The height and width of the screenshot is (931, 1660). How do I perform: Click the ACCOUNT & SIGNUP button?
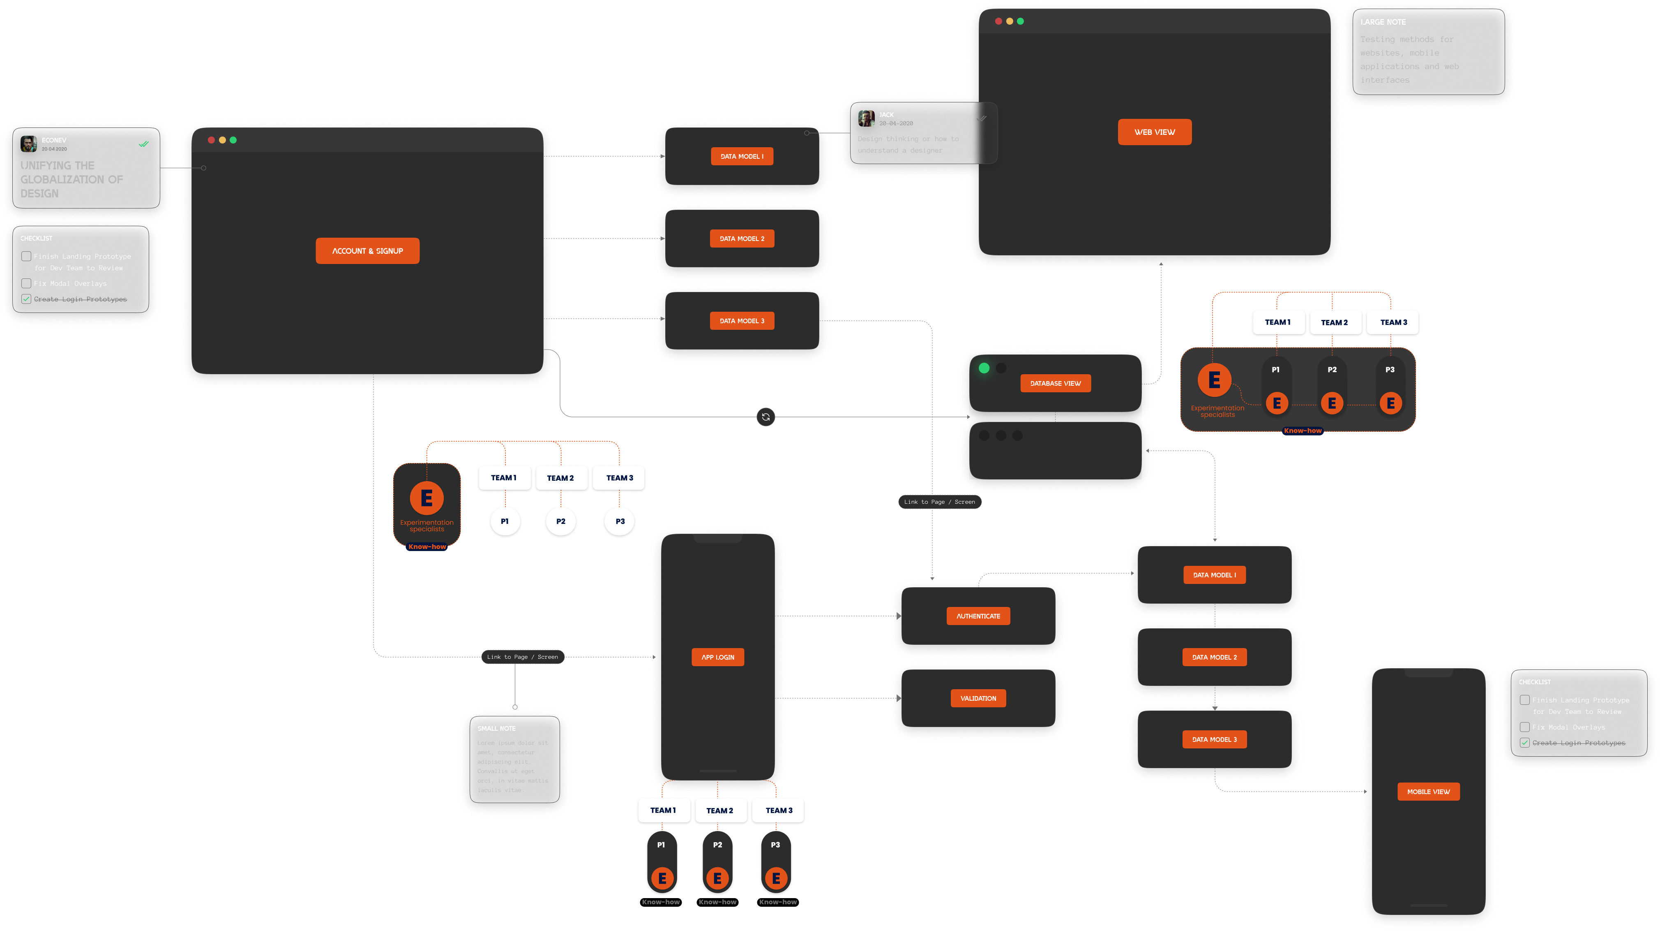(367, 251)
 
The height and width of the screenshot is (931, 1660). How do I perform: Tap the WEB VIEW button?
(1154, 132)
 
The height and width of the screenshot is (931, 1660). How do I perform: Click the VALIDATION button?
(978, 698)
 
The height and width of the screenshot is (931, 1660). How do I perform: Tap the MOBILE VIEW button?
(1428, 792)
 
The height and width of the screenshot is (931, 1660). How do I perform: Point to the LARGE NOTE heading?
(1383, 22)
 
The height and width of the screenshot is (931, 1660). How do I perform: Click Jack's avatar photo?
(866, 118)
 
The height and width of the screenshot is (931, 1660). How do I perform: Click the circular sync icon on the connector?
(765, 417)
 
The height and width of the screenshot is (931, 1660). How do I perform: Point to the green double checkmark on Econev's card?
(144, 144)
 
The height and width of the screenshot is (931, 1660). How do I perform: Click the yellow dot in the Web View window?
(1009, 21)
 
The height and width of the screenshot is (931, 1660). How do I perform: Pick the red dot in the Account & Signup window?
(211, 140)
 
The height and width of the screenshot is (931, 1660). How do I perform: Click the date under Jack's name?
(896, 123)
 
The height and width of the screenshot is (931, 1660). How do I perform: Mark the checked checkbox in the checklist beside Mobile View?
(1525, 743)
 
